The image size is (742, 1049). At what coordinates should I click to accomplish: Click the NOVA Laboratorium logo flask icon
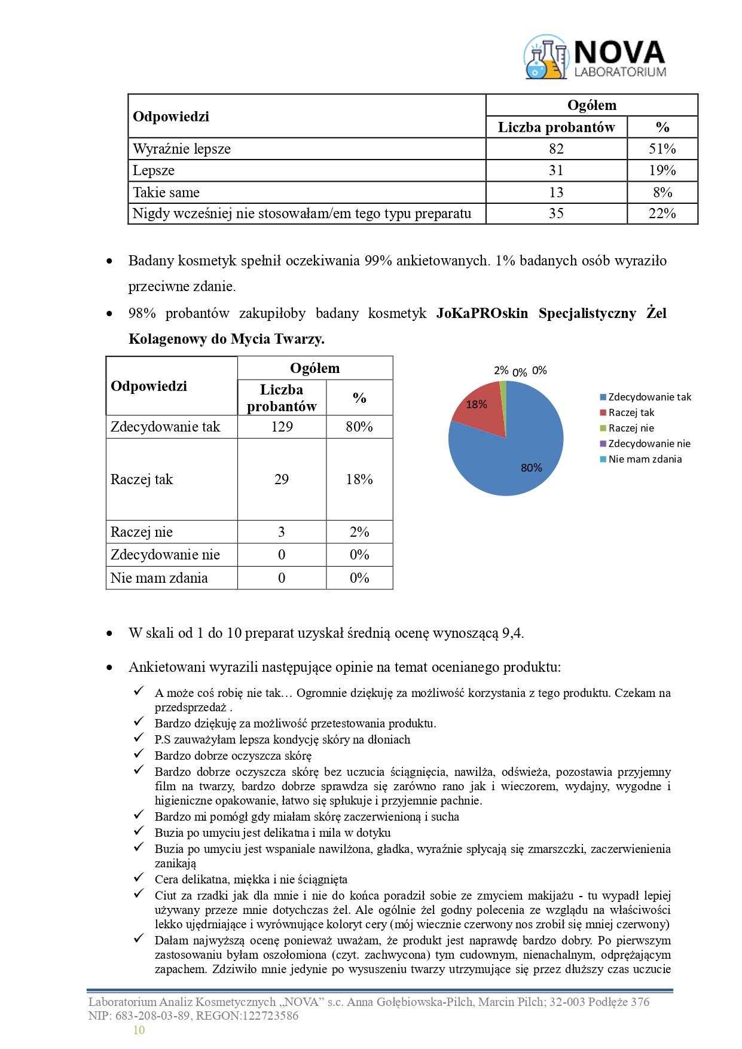click(545, 57)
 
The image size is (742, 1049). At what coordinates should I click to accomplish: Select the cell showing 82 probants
click(556, 149)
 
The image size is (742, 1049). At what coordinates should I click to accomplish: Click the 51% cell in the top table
click(662, 149)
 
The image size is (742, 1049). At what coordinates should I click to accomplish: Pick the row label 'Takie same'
click(166, 192)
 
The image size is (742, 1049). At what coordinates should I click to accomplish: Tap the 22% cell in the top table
click(662, 213)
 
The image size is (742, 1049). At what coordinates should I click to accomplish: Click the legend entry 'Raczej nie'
click(631, 428)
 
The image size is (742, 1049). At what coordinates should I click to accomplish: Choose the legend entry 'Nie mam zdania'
click(645, 459)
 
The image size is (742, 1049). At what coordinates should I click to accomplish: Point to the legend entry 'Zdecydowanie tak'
click(649, 397)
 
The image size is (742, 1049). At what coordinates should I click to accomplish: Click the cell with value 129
click(282, 427)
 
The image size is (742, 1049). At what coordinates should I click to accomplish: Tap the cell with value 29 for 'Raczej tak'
click(282, 479)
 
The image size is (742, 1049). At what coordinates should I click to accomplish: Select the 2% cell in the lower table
click(359, 532)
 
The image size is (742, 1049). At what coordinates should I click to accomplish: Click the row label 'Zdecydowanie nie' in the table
click(165, 555)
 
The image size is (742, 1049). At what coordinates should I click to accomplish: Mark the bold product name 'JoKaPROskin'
click(482, 313)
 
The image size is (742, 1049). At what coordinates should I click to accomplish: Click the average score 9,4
click(512, 633)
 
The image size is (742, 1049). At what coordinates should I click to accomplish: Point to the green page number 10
click(139, 1030)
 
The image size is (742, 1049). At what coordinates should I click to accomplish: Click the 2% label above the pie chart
click(501, 371)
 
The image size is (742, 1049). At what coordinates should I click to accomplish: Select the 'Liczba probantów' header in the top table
click(556, 127)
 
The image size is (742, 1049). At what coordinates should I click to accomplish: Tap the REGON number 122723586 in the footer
click(270, 1016)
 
